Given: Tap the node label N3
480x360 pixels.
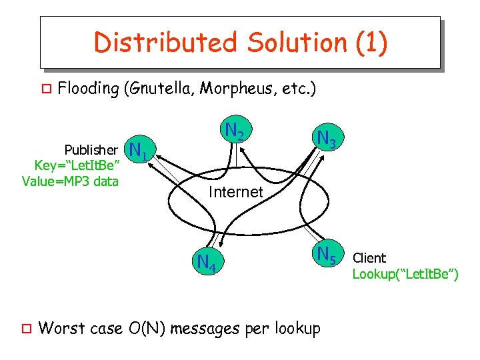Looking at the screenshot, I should pyautogui.click(x=329, y=139).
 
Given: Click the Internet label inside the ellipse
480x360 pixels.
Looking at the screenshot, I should pyautogui.click(x=235, y=192).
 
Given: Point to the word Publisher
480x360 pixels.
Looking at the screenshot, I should pyautogui.click(x=91, y=148).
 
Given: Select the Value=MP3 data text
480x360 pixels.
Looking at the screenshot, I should pyautogui.click(x=70, y=181).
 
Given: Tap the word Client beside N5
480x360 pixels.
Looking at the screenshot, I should pyautogui.click(x=369, y=257).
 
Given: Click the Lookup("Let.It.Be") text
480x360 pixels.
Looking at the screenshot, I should pyautogui.click(x=405, y=273).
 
